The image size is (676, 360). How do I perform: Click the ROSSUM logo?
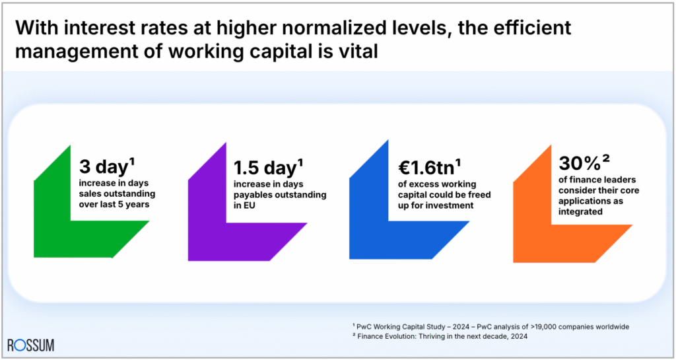click(31, 345)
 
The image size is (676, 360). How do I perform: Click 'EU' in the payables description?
click(242, 206)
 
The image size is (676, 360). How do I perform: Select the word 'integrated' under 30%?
click(581, 211)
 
